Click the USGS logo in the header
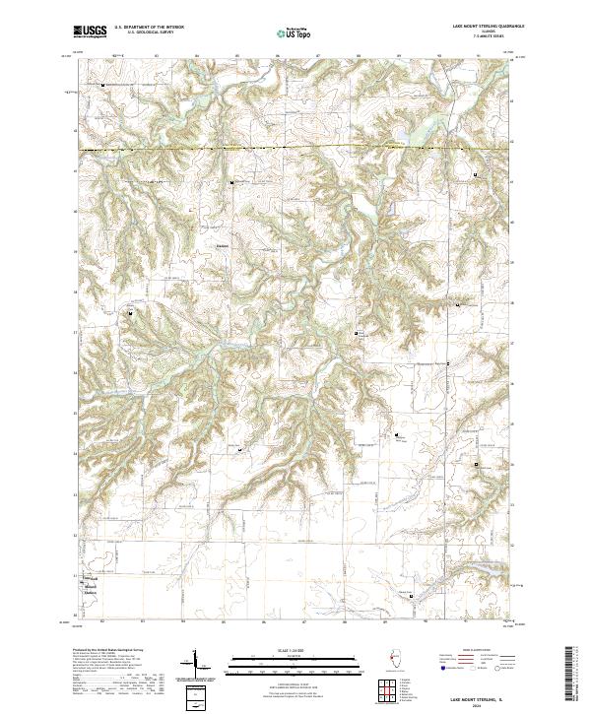click(x=90, y=32)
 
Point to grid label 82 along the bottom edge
click(x=102, y=621)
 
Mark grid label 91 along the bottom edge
click(x=464, y=621)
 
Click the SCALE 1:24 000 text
click(x=295, y=651)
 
